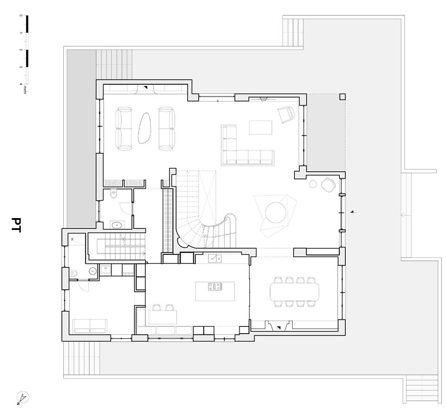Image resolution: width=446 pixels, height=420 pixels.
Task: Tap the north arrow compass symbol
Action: point(23,398)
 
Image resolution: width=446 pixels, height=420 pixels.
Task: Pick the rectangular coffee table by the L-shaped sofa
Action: point(260,127)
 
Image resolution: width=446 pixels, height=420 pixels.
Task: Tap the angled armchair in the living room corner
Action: point(286,114)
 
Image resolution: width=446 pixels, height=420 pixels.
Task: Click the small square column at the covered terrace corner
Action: point(342,97)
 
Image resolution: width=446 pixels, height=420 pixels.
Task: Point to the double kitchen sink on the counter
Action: point(214,258)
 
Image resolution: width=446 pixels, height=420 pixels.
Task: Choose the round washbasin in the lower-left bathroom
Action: point(93,270)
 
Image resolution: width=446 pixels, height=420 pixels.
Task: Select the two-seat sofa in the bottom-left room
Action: point(90,325)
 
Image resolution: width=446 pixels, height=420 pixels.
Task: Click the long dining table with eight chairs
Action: point(295,291)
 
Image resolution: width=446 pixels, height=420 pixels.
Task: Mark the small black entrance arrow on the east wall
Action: point(353,212)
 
